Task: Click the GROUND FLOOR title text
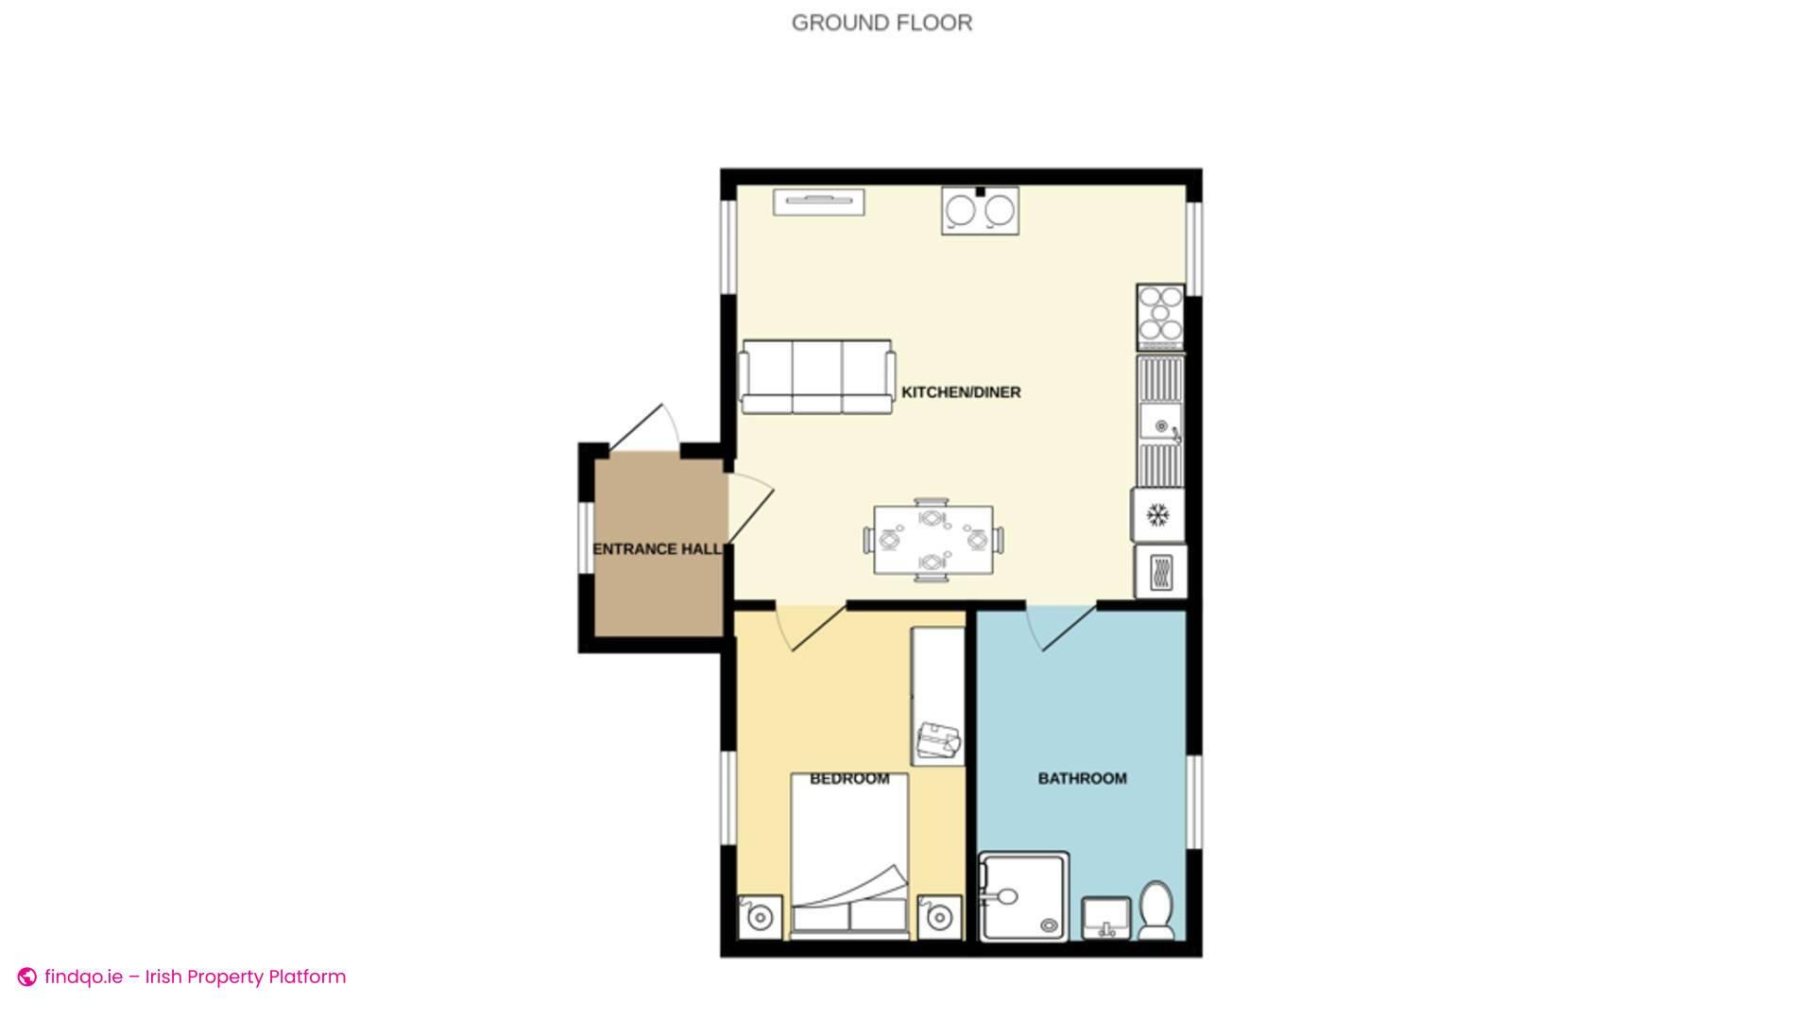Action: coord(881,23)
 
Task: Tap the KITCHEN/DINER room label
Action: coord(961,392)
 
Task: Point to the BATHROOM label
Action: coord(1082,778)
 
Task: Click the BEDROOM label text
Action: coord(849,779)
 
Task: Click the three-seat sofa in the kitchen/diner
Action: coord(817,376)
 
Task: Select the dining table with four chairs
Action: coord(933,541)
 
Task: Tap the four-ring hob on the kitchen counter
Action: coord(1160,312)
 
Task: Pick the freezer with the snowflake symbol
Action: coord(1158,515)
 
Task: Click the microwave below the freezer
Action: coord(1160,571)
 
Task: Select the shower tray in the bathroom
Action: coord(1025,896)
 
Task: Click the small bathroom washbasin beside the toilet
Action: coord(1105,917)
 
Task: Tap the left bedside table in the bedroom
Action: coord(760,917)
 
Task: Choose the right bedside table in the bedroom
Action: coord(939,917)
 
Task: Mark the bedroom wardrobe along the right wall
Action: coord(937,696)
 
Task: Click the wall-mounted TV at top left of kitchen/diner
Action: coord(818,201)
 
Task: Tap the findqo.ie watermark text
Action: coord(194,977)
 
